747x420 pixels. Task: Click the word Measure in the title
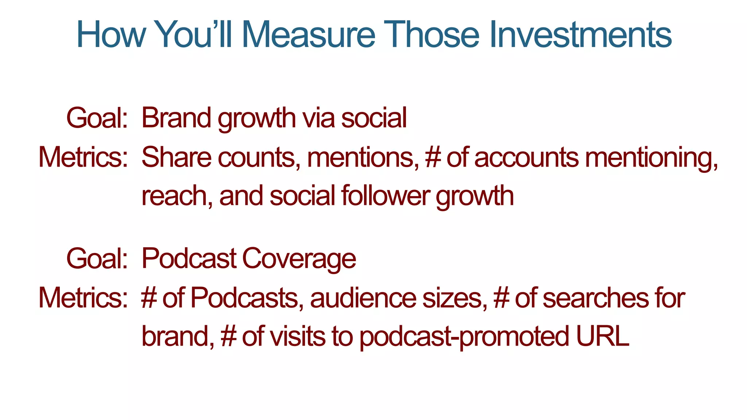click(x=308, y=35)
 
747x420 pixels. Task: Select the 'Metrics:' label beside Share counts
click(x=83, y=157)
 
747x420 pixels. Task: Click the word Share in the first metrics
click(x=176, y=157)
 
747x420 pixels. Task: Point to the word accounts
click(x=526, y=157)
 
